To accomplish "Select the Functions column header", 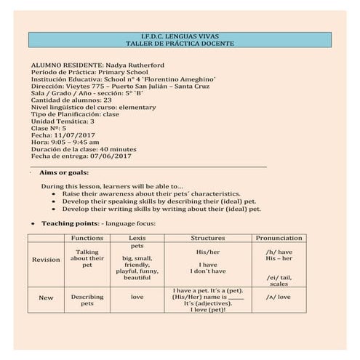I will pos(87,238).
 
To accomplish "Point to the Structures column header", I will pos(207,238).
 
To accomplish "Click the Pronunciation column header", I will pos(279,238).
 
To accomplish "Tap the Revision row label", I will pos(46,260).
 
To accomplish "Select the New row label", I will pos(46,297).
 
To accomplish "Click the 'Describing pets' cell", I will pos(87,300).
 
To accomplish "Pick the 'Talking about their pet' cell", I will pos(87,258).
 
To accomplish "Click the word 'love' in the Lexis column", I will pos(137,297).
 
